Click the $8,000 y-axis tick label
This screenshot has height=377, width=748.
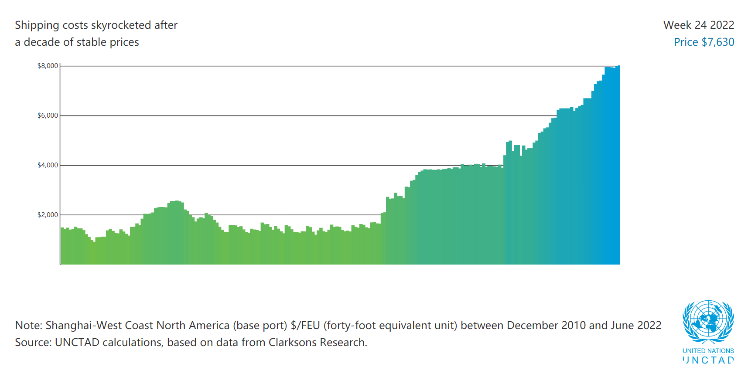(x=48, y=66)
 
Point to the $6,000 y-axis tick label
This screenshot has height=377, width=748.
(x=48, y=115)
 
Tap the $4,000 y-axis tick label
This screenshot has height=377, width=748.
(x=48, y=165)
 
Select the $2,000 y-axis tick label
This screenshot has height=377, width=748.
(x=48, y=215)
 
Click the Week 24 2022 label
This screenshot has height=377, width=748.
(x=699, y=25)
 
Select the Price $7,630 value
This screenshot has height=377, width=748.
(x=704, y=42)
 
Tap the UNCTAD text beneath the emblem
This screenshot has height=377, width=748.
(x=708, y=360)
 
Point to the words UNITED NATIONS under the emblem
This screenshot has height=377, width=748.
(x=708, y=351)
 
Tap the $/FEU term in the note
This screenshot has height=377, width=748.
(x=305, y=326)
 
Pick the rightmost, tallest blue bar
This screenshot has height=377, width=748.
(x=618, y=166)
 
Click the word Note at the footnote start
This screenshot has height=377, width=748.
(x=27, y=326)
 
